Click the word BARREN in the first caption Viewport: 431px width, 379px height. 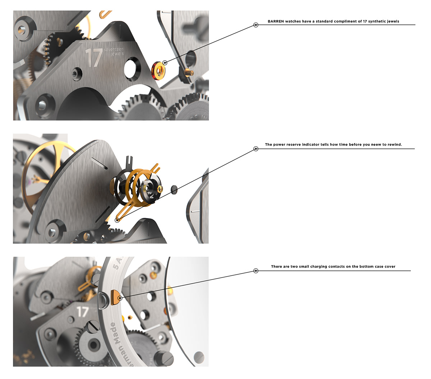point(275,22)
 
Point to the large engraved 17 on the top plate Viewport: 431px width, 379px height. point(93,58)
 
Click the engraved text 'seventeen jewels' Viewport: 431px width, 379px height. point(113,52)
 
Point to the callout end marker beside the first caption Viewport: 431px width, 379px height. point(256,25)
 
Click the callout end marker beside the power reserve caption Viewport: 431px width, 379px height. point(256,149)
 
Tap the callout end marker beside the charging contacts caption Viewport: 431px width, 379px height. point(256,271)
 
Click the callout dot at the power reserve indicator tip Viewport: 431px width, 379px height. point(117,220)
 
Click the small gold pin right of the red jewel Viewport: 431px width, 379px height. point(189,72)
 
